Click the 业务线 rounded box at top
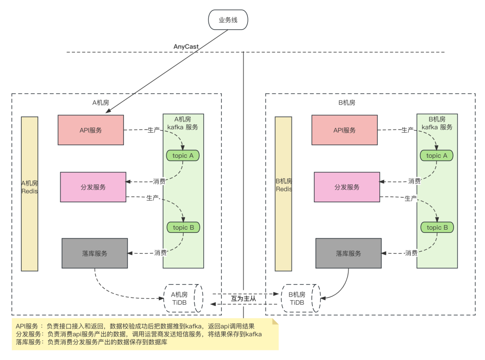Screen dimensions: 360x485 click(x=228, y=20)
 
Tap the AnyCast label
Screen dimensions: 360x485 click(x=186, y=46)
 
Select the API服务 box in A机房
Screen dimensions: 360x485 click(x=91, y=130)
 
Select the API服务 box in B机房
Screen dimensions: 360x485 click(x=344, y=130)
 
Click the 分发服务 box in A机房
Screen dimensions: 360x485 click(x=93, y=187)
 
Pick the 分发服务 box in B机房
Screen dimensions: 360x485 click(x=347, y=187)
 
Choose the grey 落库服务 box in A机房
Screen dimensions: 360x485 click(x=95, y=253)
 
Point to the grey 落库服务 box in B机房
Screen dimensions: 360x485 click(x=348, y=253)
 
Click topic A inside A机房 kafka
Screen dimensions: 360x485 click(x=183, y=156)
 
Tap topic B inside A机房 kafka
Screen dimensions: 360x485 click(x=183, y=227)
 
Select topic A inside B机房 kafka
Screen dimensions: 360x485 click(x=436, y=156)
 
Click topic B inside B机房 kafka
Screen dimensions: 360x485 click(x=437, y=227)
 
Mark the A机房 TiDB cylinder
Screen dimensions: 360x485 click(x=183, y=298)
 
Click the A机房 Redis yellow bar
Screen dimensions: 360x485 click(x=30, y=194)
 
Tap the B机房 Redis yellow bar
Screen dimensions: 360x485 click(x=283, y=194)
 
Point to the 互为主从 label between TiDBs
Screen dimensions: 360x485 click(x=243, y=298)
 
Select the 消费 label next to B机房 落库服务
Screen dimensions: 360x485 click(x=411, y=253)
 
